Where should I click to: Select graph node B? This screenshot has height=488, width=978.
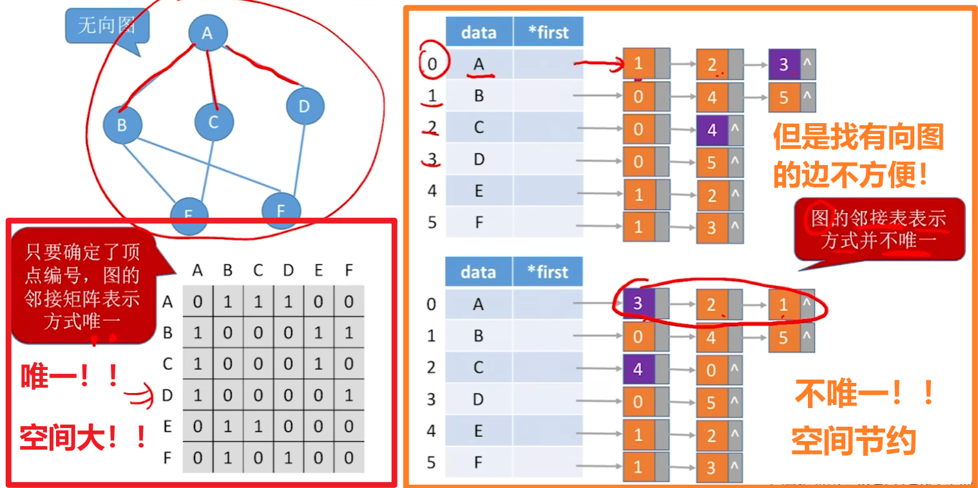click(x=122, y=124)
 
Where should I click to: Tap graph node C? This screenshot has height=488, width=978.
click(x=214, y=122)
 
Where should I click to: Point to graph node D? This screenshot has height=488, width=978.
click(x=304, y=106)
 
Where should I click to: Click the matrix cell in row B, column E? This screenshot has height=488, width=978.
click(x=318, y=333)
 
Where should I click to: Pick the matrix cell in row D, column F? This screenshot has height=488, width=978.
click(x=349, y=395)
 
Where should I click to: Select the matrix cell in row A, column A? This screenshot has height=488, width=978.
click(x=198, y=301)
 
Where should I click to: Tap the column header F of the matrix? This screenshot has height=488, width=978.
click(x=349, y=271)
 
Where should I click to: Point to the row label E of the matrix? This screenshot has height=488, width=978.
click(x=168, y=427)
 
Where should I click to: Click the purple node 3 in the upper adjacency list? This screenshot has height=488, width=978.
click(x=783, y=64)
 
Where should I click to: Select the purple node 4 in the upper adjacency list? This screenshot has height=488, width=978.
click(x=711, y=130)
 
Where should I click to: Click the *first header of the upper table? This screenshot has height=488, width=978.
click(x=548, y=32)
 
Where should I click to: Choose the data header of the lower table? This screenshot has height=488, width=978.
click(x=478, y=272)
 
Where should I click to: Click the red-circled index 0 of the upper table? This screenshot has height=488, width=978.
click(x=432, y=64)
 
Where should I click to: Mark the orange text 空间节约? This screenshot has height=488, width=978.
click(x=853, y=442)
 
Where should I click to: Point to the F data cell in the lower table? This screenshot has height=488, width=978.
click(x=478, y=463)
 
